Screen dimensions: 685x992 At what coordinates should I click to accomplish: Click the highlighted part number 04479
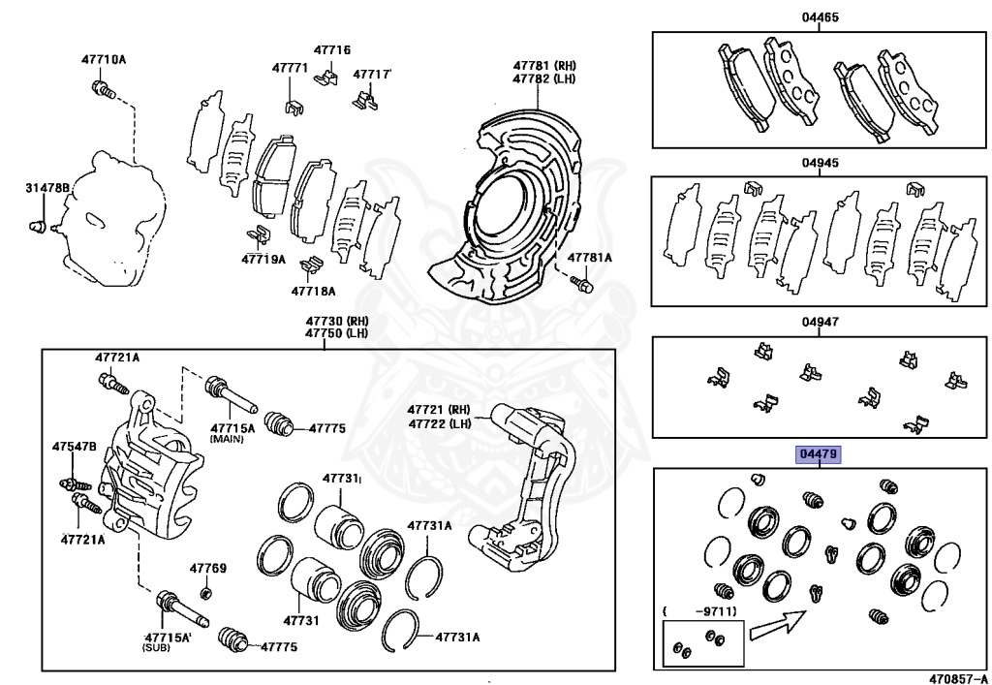pyautogui.click(x=819, y=453)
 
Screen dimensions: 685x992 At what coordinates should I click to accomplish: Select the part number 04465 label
pyautogui.click(x=819, y=17)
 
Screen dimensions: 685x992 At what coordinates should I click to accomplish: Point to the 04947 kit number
pyautogui.click(x=819, y=323)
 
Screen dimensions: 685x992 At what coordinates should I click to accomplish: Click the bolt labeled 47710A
pyautogui.click(x=102, y=90)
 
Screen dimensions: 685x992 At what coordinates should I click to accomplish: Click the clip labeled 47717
pyautogui.click(x=365, y=97)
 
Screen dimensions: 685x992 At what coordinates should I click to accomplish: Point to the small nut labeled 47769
pyautogui.click(x=205, y=592)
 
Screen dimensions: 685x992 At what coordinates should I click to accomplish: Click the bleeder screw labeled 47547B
pyautogui.click(x=70, y=482)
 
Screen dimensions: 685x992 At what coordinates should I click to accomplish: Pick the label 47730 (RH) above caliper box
pyautogui.click(x=330, y=321)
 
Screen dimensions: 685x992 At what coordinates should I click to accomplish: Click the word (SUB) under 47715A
pyautogui.click(x=156, y=645)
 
